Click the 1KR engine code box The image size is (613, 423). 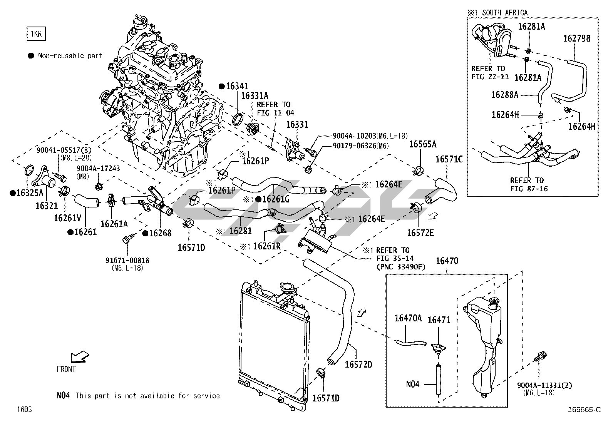click(x=36, y=34)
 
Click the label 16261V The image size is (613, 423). click(x=67, y=218)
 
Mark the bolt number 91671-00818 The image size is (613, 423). click(x=127, y=261)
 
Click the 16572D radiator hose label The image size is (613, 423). click(x=358, y=364)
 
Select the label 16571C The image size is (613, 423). click(x=449, y=159)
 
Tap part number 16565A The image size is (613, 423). click(x=422, y=144)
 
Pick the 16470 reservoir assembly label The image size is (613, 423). click(x=447, y=261)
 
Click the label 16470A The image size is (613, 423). click(x=408, y=318)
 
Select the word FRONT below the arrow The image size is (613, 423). click(x=66, y=369)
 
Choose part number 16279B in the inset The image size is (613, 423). click(x=577, y=38)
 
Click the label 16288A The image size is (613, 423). click(x=504, y=94)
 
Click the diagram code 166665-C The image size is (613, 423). click(x=584, y=410)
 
